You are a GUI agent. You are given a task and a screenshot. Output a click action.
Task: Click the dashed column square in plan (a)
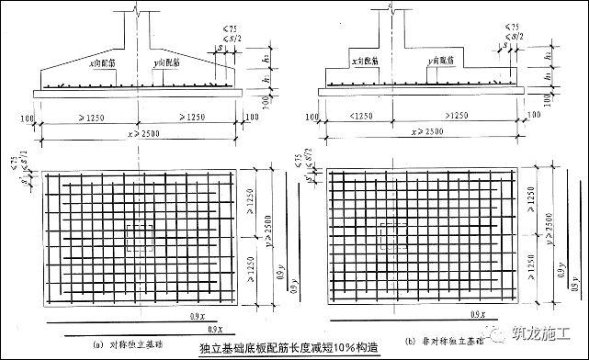[x=142, y=238]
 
